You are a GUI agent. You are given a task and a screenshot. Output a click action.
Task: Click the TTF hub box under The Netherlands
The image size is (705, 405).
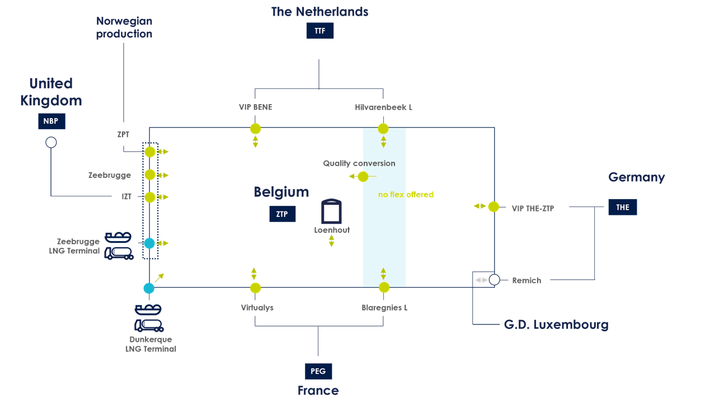319,31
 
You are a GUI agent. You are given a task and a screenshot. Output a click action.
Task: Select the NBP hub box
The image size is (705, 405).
51,121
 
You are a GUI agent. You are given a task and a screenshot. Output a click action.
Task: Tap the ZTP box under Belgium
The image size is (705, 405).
282,214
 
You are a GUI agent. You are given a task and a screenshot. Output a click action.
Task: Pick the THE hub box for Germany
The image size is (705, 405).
623,207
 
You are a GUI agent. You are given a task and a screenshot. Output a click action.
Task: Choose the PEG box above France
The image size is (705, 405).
318,371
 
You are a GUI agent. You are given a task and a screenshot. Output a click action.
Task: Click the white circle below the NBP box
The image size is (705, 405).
51,143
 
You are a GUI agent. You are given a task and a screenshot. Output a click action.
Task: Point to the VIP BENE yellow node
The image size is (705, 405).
255,129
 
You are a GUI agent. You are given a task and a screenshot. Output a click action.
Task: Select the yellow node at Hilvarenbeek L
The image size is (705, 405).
383,129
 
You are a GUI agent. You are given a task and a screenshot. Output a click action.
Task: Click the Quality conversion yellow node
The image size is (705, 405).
363,177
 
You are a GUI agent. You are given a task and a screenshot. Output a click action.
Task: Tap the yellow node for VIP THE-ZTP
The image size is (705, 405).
493,207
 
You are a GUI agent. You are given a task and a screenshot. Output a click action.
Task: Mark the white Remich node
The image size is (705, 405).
494,280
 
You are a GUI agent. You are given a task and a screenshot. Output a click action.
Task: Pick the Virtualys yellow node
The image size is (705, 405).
255,288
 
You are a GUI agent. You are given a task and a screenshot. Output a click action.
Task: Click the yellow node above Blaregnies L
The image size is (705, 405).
384,288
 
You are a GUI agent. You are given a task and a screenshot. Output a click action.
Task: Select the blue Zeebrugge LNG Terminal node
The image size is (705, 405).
149,243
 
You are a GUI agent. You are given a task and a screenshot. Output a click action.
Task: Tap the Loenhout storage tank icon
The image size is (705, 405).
331,211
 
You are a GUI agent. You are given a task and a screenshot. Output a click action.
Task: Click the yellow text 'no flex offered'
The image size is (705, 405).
406,195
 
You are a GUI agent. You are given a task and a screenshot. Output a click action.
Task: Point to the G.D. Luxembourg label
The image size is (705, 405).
556,324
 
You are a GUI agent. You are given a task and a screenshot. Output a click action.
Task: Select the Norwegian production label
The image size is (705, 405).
124,27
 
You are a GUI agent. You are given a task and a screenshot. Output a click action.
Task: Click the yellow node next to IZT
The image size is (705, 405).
149,197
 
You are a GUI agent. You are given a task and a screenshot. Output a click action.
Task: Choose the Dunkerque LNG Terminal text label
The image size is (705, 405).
151,344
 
